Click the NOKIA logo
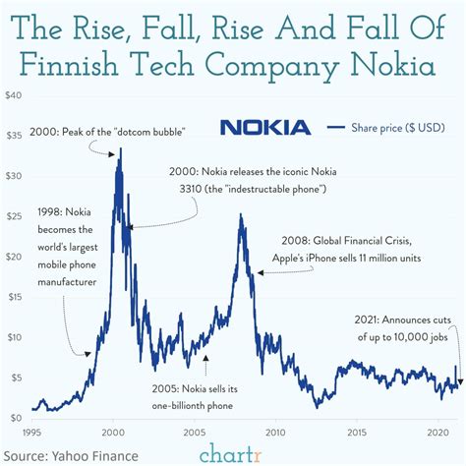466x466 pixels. pos(265,127)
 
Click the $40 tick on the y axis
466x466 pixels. pos(14,95)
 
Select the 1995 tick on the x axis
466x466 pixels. pos(34,431)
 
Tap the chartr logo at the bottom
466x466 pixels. pos(233,452)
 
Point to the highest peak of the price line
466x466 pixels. pos(120,148)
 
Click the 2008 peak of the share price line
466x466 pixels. pos(240,215)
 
